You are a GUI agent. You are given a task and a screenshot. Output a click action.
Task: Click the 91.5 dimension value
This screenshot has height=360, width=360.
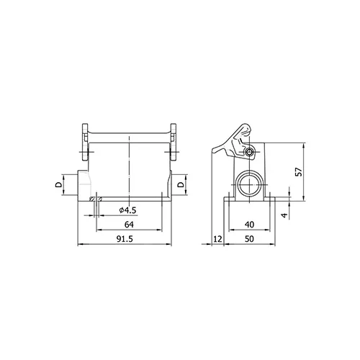[125, 239]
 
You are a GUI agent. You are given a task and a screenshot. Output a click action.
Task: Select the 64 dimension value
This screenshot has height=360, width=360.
[129, 225]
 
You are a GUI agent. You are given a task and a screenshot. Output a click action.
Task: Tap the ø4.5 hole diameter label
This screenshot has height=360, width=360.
[128, 210]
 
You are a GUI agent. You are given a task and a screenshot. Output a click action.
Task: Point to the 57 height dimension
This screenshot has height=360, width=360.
[299, 172]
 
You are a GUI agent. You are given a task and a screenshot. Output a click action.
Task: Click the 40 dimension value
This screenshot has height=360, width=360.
[249, 225]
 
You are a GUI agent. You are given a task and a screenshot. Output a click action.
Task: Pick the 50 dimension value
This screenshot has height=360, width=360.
[249, 239]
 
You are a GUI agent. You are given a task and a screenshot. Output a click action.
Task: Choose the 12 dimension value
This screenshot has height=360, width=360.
[217, 239]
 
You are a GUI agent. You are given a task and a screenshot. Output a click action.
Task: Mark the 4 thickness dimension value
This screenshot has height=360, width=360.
[284, 215]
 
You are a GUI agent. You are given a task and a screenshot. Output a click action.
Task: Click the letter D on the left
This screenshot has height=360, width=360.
[58, 184]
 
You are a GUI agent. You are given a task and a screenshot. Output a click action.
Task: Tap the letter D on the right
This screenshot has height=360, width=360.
[181, 184]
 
